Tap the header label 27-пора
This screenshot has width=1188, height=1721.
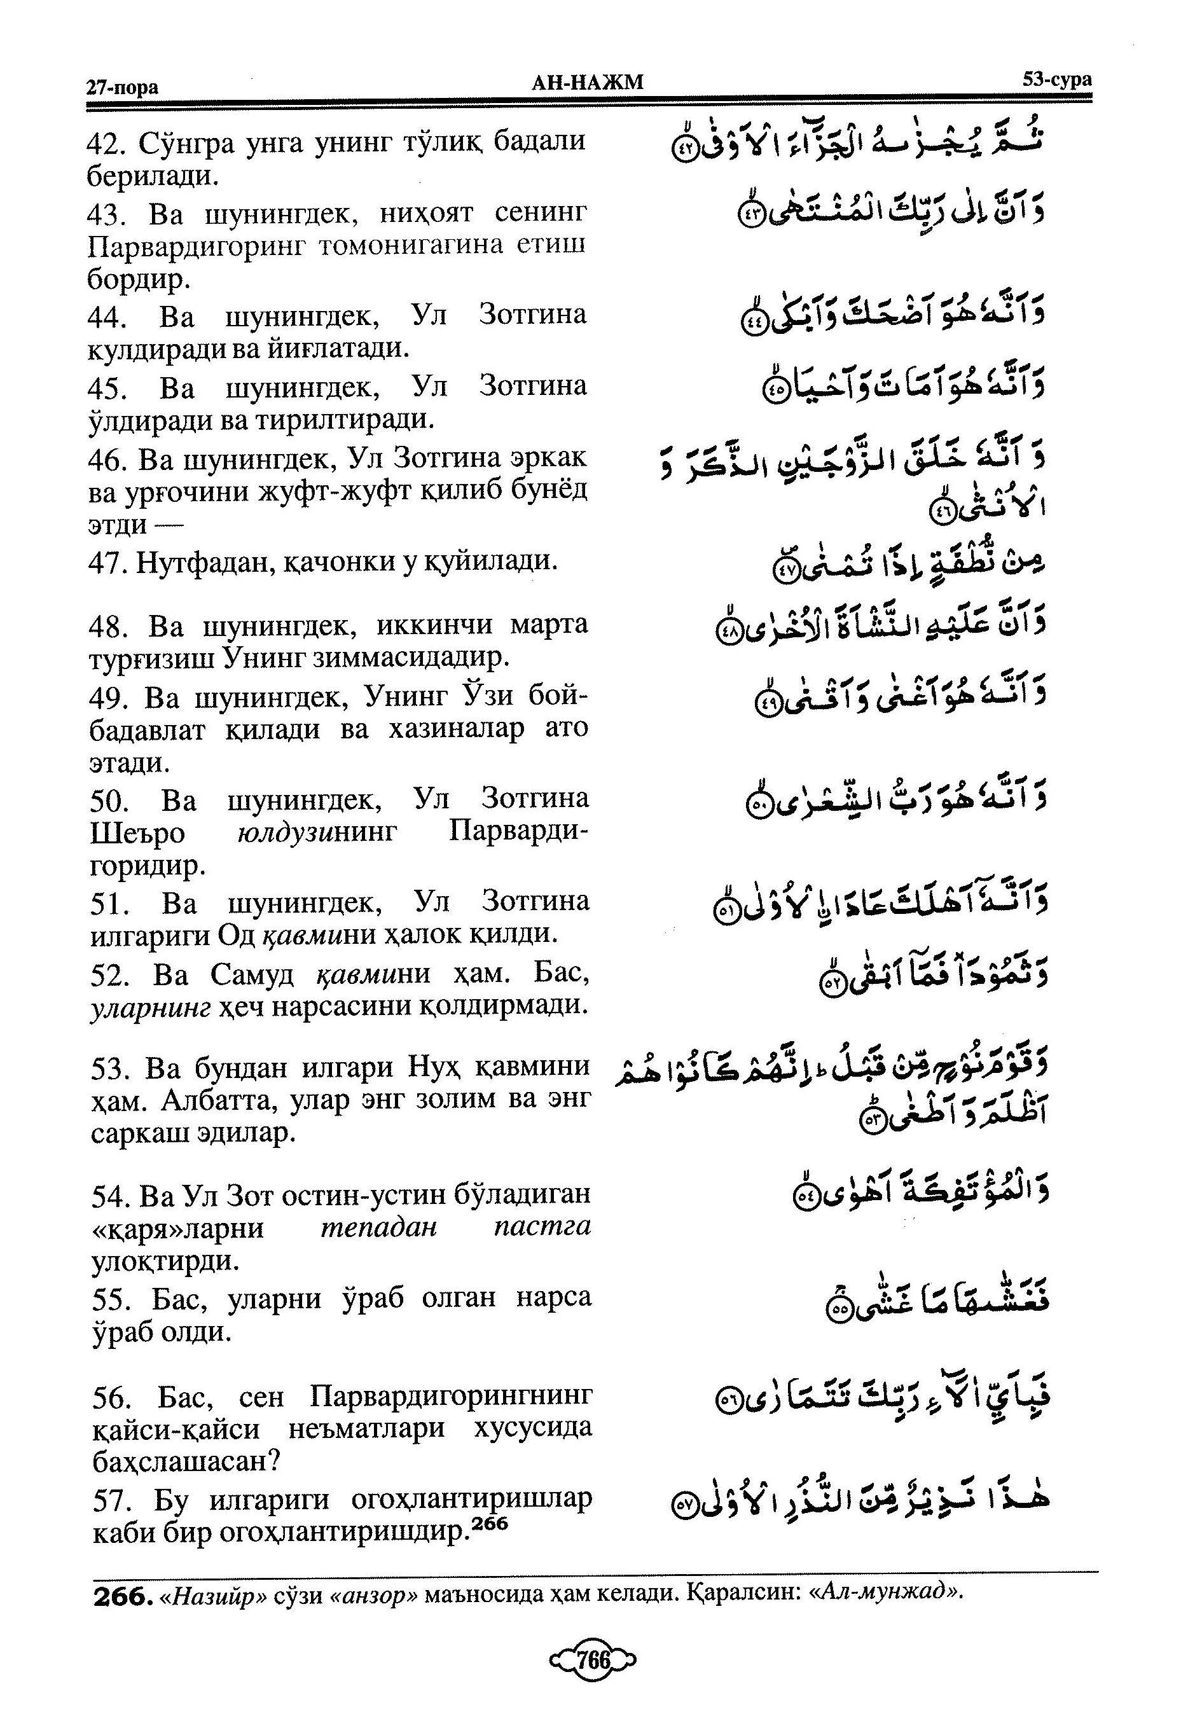[122, 88]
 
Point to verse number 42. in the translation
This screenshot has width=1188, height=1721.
[108, 143]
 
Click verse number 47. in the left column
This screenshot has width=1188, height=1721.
[109, 563]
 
